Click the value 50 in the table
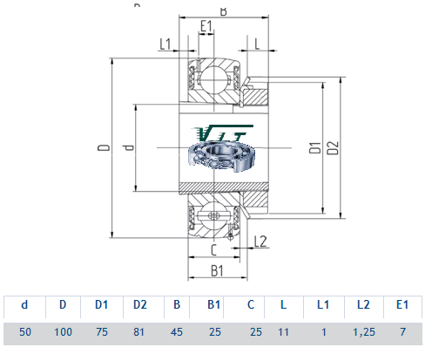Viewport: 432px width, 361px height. (25, 331)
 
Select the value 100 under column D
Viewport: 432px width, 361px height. (63, 331)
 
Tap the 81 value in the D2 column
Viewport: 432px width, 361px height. (138, 331)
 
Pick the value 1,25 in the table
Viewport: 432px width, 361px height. (364, 332)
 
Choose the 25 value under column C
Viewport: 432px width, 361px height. (256, 331)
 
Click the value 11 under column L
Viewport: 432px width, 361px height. (283, 331)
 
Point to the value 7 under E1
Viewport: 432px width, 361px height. (402, 331)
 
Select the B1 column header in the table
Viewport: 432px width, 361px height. (214, 304)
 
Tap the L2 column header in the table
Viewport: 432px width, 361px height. (363, 304)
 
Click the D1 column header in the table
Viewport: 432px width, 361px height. (102, 304)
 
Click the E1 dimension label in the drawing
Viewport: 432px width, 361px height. (206, 26)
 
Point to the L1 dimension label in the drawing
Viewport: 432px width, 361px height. (165, 44)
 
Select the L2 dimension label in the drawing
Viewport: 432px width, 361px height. (260, 242)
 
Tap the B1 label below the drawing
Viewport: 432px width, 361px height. (217, 271)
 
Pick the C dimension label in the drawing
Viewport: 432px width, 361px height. (213, 250)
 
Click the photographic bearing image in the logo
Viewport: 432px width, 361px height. (222, 156)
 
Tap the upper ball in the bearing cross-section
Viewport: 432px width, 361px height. (214, 79)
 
